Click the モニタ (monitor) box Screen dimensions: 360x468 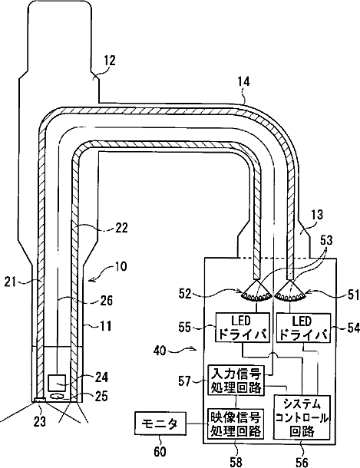[160, 424]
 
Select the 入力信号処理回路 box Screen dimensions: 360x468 [236, 380]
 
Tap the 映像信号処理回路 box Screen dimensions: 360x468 [236, 424]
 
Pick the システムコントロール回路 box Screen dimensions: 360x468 [302, 417]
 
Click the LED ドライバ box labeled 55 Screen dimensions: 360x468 [242, 328]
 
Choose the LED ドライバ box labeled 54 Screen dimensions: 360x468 [304, 328]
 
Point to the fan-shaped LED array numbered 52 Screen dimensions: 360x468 [256, 291]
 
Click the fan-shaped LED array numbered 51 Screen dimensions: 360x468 [290, 291]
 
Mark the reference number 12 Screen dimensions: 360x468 [109, 61]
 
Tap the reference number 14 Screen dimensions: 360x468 [244, 81]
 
